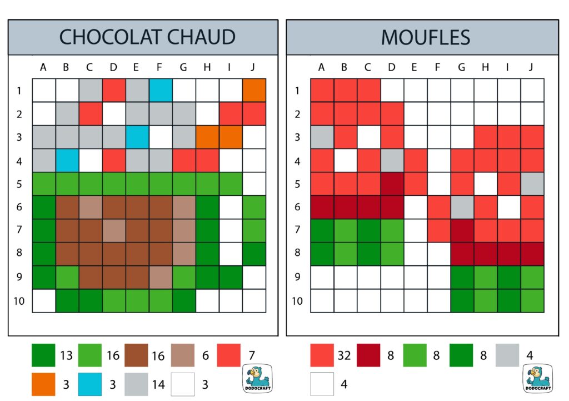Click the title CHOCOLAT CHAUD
point(147,37)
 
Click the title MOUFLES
point(425,37)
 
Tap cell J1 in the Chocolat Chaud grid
point(254,90)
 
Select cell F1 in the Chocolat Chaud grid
point(161,90)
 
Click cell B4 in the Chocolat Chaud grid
point(67,160)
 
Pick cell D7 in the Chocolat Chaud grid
point(114,230)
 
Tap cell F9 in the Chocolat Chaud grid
point(161,277)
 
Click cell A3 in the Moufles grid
point(322,137)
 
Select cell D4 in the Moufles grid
point(392,160)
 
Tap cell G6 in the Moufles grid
point(462,207)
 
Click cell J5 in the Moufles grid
point(532,184)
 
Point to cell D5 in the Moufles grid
point(392,184)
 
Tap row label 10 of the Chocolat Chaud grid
point(19,300)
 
